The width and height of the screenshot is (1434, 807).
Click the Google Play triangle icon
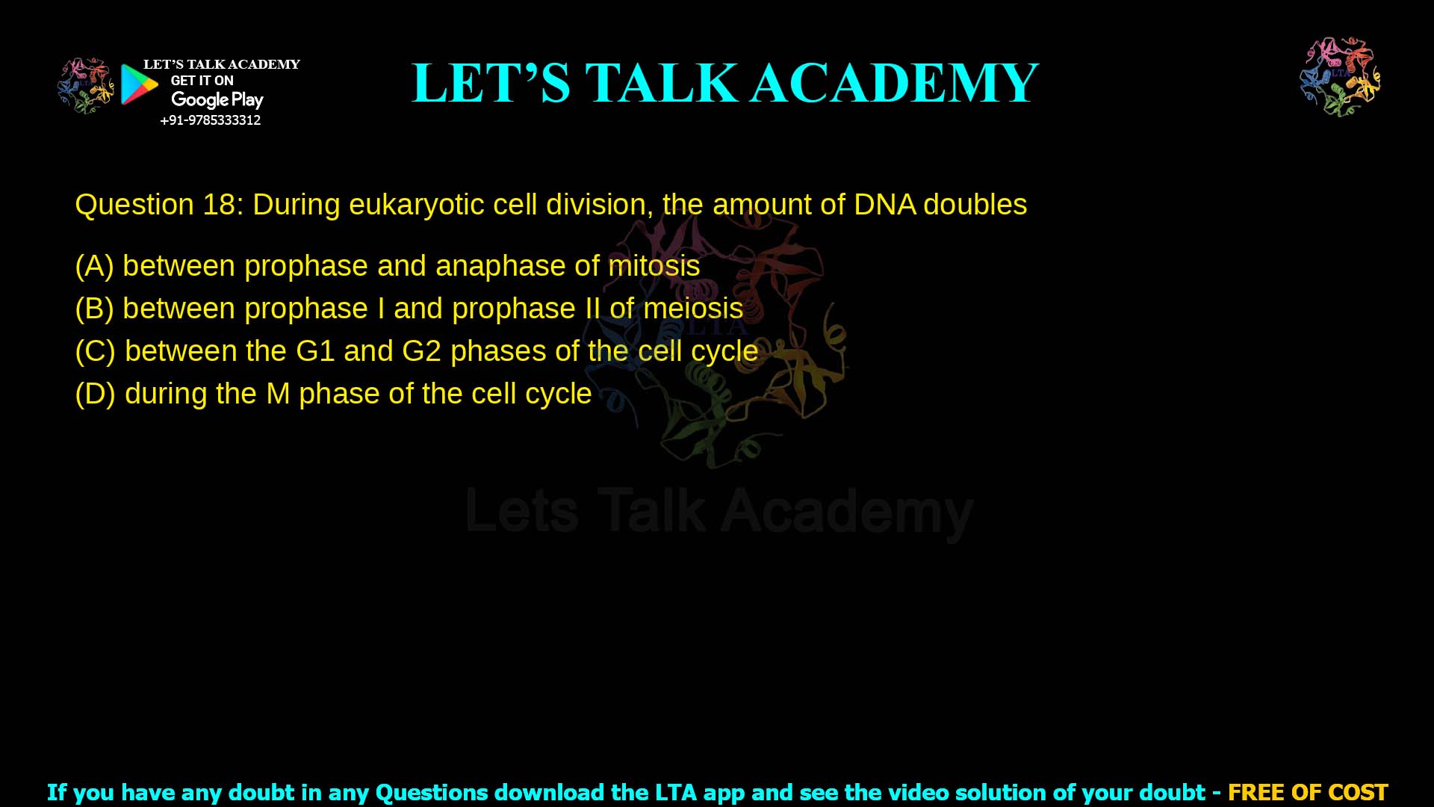tap(139, 84)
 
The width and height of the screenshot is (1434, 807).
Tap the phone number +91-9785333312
tap(210, 120)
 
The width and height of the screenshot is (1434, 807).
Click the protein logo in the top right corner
tap(1340, 77)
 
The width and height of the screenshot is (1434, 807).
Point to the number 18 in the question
tap(219, 205)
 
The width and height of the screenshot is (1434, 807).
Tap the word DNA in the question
tap(884, 205)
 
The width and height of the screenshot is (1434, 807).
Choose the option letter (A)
tap(94, 266)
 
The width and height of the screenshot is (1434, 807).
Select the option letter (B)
tap(94, 309)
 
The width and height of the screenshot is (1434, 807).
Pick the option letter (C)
tap(95, 351)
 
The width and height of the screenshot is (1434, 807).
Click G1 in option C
tap(314, 351)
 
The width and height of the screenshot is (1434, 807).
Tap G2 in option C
tap(421, 351)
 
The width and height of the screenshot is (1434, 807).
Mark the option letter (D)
tap(95, 394)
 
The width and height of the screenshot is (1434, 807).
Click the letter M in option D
tap(278, 394)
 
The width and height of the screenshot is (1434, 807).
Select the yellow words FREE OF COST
tap(1307, 792)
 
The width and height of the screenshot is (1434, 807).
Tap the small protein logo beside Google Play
tap(85, 86)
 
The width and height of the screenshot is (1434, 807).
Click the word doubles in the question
tap(975, 205)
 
